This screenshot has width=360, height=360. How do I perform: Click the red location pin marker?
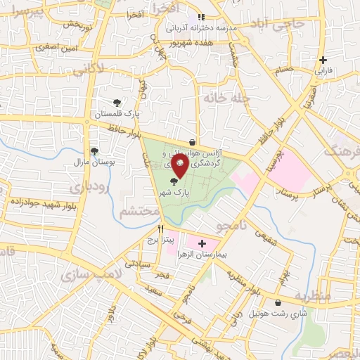coord(180,165)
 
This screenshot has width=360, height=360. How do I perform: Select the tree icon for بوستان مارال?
coord(94,150)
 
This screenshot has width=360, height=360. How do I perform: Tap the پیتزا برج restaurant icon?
coord(161,229)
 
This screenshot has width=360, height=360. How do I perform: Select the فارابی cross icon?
coord(323,60)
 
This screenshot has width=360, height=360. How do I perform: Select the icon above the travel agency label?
coord(193,142)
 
